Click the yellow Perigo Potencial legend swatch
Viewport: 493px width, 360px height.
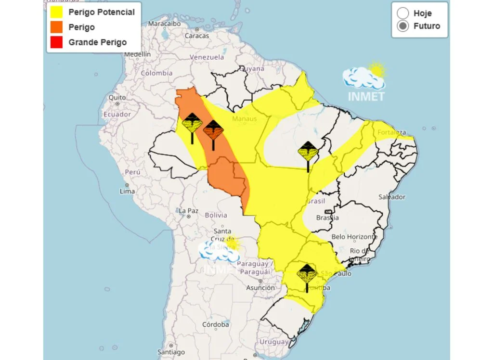(56, 12)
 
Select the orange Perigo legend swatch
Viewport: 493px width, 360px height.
(56, 27)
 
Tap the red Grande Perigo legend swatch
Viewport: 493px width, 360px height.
(56, 42)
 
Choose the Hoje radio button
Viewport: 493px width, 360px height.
(403, 13)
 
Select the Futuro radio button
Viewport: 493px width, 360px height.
(403, 26)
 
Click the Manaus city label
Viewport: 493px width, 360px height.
(244, 118)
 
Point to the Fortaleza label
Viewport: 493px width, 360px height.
(392, 132)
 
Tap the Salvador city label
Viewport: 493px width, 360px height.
(392, 197)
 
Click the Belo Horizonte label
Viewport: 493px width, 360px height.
(354, 237)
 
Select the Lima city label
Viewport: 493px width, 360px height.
(127, 191)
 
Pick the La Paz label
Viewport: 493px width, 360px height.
(189, 211)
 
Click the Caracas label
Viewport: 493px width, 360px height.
(197, 36)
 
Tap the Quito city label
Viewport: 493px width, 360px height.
(117, 97)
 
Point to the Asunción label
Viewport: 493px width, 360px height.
(260, 288)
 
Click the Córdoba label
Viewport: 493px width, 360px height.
(215, 325)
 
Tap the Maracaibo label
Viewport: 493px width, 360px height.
(164, 23)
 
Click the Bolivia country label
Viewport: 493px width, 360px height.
(216, 215)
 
